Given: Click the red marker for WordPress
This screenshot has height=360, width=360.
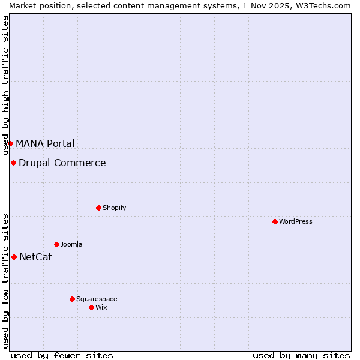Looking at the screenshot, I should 275,221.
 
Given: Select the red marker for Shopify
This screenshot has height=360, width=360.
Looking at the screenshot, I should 98,208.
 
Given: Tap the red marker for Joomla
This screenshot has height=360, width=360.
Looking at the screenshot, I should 56,244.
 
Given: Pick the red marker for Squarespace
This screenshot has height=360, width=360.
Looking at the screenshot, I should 72,299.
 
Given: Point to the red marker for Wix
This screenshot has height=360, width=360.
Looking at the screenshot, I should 91,307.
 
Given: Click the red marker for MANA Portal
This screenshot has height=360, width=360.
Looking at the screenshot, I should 10,143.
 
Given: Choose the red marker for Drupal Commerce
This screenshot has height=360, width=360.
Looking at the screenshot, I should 13,163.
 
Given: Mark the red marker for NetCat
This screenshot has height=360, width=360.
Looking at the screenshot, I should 14,257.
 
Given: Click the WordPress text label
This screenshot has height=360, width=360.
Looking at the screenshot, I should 296,221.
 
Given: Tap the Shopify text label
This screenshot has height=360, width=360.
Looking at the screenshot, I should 115,208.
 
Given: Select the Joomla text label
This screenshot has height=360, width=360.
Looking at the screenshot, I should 71,244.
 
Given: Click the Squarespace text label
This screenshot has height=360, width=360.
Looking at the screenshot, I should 97,299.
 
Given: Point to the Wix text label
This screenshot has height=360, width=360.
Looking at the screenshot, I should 101,307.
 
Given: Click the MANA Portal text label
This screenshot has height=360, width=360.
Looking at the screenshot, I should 45,143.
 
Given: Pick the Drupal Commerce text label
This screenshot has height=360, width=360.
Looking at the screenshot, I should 62,163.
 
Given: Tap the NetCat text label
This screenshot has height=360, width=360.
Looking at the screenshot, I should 35,257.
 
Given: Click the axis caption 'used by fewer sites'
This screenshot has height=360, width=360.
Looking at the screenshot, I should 62,355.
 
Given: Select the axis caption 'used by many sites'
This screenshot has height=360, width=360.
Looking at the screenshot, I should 301,355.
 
